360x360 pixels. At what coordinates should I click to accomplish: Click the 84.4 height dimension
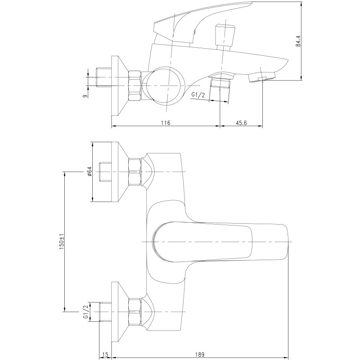[298, 41]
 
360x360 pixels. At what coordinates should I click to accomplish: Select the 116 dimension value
[166, 123]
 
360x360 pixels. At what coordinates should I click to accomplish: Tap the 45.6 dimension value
[241, 123]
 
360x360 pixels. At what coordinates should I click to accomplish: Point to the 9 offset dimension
[85, 96]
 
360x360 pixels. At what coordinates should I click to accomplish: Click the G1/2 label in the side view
[198, 95]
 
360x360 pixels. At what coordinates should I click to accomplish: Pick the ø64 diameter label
[89, 171]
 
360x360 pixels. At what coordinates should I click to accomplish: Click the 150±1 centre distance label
[62, 242]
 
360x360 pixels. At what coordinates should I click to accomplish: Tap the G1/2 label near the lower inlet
[85, 311]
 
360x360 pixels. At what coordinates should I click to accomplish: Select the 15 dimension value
[105, 355]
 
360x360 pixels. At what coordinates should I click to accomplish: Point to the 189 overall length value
[200, 355]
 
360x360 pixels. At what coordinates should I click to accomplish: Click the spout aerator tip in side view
[261, 77]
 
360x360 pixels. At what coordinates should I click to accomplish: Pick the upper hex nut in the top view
[135, 171]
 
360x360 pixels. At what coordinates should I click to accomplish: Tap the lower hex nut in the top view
[135, 311]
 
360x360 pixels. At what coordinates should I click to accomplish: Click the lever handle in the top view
[220, 242]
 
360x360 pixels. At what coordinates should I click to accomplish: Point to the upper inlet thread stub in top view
[105, 171]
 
